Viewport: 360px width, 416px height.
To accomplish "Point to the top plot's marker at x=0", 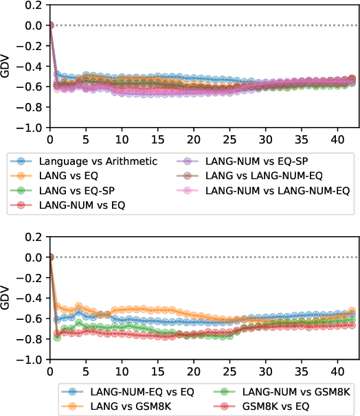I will point(49,25).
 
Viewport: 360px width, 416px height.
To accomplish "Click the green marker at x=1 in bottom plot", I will point(57,338).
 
